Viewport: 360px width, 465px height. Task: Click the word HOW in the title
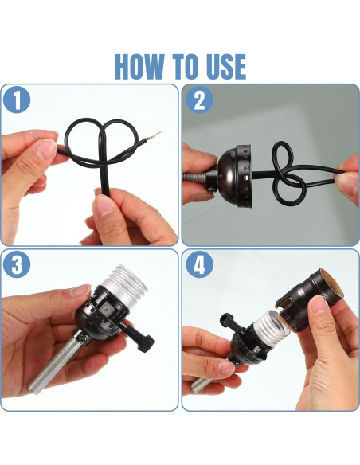click(x=139, y=66)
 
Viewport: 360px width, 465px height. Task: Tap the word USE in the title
click(x=225, y=66)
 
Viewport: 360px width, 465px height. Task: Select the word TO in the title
click(x=184, y=66)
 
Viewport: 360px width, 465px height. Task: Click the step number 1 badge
click(x=17, y=100)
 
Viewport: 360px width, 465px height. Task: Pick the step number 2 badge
click(x=199, y=100)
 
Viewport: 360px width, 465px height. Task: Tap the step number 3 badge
click(x=17, y=264)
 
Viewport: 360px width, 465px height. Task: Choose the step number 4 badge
click(x=199, y=264)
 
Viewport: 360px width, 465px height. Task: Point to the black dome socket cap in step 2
click(x=233, y=175)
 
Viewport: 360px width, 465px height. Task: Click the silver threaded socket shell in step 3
click(x=124, y=285)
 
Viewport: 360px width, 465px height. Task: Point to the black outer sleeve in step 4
click(x=309, y=300)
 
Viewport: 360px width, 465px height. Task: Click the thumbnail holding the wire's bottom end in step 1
click(x=103, y=205)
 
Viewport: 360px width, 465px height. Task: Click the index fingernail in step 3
click(x=80, y=291)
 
